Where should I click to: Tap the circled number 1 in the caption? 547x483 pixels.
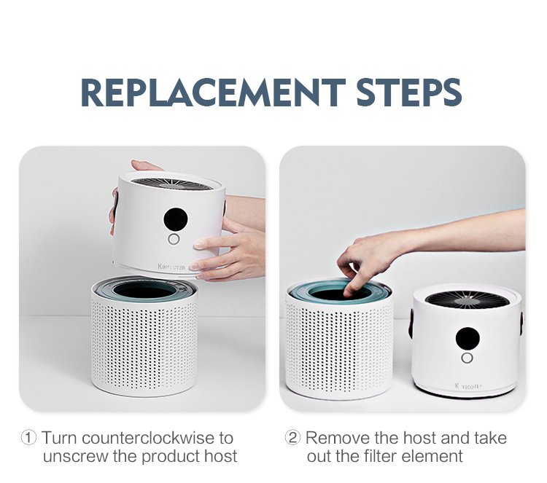(29, 439)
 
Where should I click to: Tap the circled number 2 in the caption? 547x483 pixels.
(292, 439)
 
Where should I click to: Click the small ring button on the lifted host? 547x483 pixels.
(174, 240)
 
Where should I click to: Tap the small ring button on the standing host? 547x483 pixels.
(467, 358)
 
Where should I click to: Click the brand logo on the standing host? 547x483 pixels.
(467, 385)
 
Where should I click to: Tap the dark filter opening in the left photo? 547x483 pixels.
(145, 290)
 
